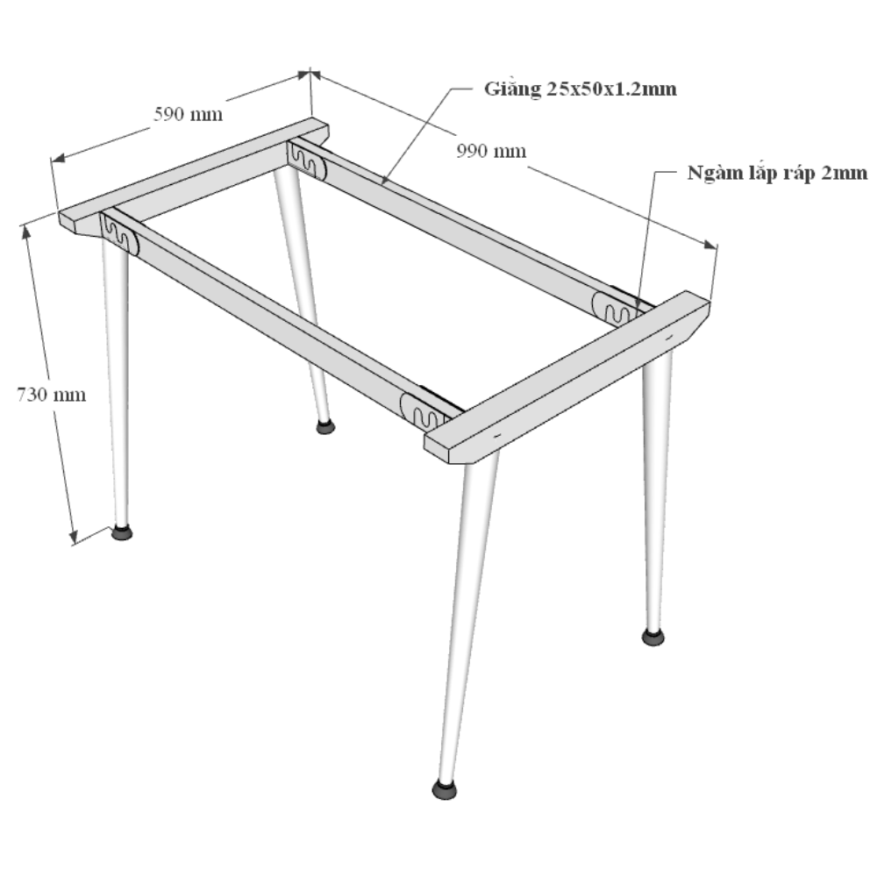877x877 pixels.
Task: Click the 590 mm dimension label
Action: [x=188, y=114]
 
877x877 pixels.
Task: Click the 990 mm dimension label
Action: [x=491, y=151]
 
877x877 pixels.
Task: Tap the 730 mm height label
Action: [x=52, y=395]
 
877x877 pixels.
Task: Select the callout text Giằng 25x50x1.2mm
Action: [x=580, y=89]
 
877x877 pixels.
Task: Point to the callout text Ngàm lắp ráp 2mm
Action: [x=777, y=173]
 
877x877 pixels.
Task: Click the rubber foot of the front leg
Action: [x=445, y=789]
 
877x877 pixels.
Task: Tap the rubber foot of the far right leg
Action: [x=652, y=636]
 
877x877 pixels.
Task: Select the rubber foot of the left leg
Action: [x=122, y=531]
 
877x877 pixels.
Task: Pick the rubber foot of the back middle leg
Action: [x=325, y=427]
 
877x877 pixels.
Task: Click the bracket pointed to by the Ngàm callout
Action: [x=616, y=308]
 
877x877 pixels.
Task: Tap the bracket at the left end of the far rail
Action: [x=307, y=160]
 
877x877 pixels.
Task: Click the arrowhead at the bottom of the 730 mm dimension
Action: [x=74, y=536]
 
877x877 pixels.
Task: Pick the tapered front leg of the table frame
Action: [x=467, y=616]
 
